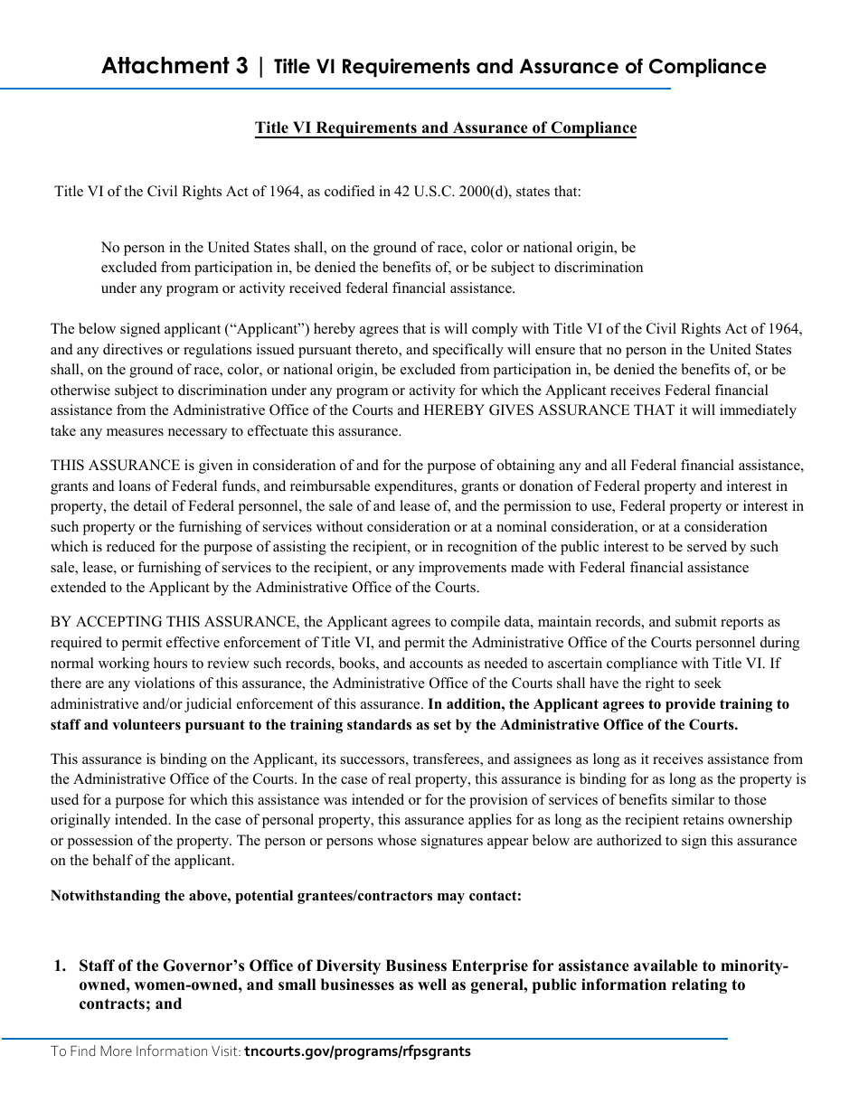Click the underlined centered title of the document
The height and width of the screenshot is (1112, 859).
445,127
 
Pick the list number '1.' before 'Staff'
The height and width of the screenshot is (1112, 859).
60,966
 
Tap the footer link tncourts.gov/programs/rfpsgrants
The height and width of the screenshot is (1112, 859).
357,1051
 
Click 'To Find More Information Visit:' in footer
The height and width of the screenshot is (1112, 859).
146,1051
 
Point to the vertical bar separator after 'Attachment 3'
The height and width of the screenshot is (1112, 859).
261,67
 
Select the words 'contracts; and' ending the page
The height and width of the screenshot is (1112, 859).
130,1004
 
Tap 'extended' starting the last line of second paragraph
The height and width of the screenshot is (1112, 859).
77,588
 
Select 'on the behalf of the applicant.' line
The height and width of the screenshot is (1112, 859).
142,861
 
